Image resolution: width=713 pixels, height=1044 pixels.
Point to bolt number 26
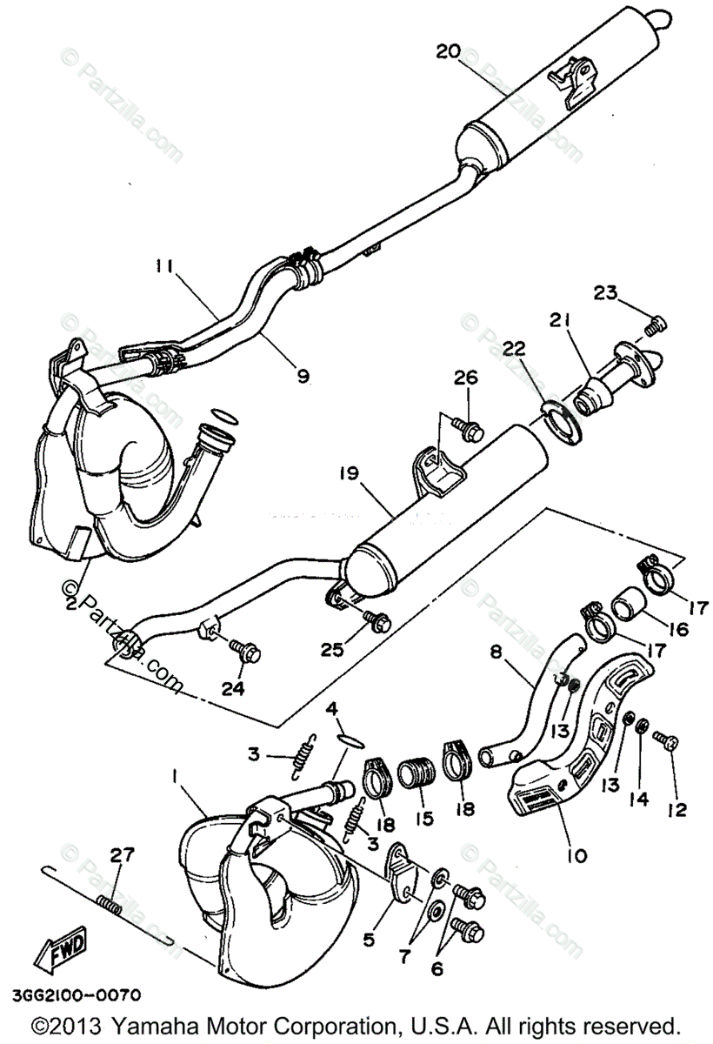pyautogui.click(x=467, y=427)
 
